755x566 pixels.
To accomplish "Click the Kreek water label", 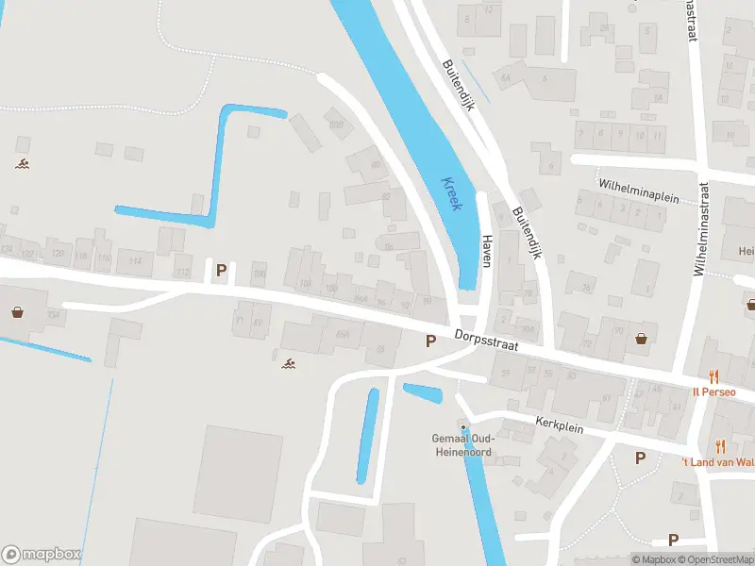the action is pos(449,193).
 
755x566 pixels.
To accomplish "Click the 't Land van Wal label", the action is pos(717,461).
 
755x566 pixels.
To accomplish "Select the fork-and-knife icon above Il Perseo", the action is pos(714,375).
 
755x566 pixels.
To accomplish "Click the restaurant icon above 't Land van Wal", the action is pos(721,445).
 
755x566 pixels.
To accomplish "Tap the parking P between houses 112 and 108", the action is pos(222,271).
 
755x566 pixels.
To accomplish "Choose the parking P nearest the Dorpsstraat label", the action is pos(430,341).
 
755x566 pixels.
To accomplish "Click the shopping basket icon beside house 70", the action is pos(643,339).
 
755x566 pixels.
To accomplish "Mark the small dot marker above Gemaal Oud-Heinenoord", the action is pos(462,427).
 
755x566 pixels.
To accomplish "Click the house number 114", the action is pos(136,260).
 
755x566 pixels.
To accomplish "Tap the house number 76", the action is pos(586,289).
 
